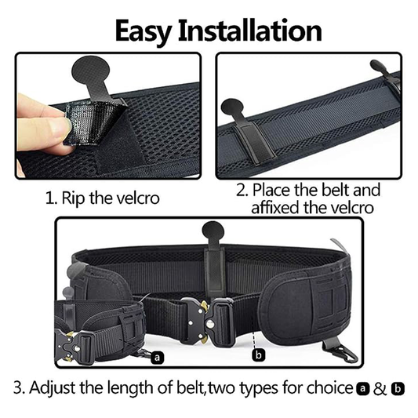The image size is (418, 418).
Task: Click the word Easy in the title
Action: pyautogui.click(x=143, y=32)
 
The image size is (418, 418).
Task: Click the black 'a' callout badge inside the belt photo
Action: pyautogui.click(x=158, y=358)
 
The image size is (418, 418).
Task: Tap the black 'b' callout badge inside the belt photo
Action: pyautogui.click(x=258, y=354)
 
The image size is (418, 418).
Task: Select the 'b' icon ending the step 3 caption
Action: pyautogui.click(x=398, y=389)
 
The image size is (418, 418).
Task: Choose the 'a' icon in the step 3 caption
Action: pyautogui.click(x=363, y=389)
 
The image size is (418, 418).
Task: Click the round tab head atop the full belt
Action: pyautogui.click(x=213, y=232)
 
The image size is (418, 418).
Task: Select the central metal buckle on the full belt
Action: pyautogui.click(x=207, y=321)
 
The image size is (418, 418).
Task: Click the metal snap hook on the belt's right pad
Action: pyautogui.click(x=341, y=352)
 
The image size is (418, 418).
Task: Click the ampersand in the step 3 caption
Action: pyautogui.click(x=380, y=389)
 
